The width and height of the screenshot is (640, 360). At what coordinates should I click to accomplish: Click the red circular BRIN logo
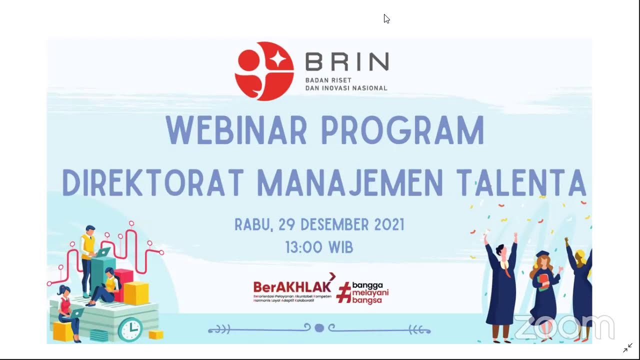(x=264, y=71)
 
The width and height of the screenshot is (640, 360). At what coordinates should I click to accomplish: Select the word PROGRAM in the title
(x=402, y=131)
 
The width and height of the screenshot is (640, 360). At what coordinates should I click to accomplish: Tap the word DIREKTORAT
(x=153, y=182)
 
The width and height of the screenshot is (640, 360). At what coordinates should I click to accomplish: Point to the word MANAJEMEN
(x=350, y=182)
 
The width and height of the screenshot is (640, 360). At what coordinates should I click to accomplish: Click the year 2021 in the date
(x=385, y=225)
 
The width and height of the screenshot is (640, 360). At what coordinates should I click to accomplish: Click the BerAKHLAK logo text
(x=292, y=287)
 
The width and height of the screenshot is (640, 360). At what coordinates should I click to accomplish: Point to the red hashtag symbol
(x=343, y=292)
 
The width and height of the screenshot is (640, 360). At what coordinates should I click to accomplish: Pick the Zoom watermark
(x=563, y=327)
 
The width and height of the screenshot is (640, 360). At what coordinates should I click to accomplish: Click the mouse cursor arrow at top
(x=386, y=18)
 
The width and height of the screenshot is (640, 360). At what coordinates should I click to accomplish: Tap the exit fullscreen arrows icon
(x=627, y=348)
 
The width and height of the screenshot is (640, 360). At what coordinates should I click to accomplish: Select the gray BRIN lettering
(x=346, y=62)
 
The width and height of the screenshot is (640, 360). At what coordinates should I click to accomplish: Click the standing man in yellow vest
(x=88, y=255)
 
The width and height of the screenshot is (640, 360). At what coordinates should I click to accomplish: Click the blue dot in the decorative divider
(x=319, y=328)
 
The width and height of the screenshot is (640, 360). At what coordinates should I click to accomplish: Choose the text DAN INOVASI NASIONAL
(x=346, y=88)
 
